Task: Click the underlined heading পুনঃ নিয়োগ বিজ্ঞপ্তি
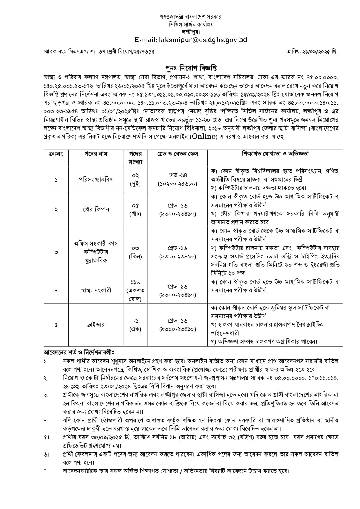click(x=191, y=68)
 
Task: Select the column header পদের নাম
click(x=96, y=154)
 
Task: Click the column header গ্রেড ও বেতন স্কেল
click(x=178, y=154)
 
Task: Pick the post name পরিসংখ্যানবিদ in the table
click(x=96, y=180)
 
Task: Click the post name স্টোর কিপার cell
click(x=96, y=209)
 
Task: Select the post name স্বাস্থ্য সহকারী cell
click(x=96, y=290)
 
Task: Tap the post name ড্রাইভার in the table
click(x=96, y=325)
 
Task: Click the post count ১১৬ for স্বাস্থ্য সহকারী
click(x=135, y=282)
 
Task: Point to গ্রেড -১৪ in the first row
click(x=178, y=175)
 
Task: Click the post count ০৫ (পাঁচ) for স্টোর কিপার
click(x=135, y=209)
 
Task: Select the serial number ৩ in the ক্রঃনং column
click(x=56, y=252)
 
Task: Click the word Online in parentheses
click(x=204, y=137)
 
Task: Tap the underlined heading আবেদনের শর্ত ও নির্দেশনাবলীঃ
click(x=79, y=352)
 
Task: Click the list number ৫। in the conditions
click(x=46, y=437)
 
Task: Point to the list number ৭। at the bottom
click(x=46, y=471)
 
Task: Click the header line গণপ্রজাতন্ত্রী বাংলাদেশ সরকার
click(x=191, y=17)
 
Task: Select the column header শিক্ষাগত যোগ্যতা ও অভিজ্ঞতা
click(x=275, y=154)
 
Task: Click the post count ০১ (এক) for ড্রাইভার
click(x=135, y=325)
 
